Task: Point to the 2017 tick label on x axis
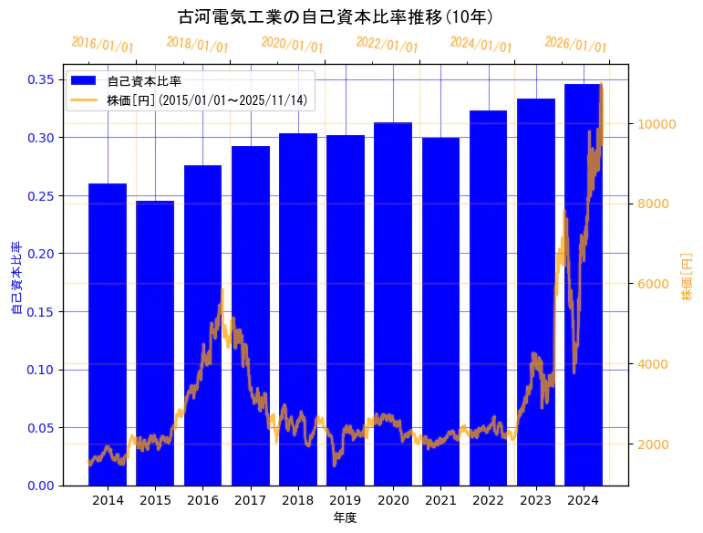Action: coord(250,499)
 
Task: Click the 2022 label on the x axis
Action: coord(488,499)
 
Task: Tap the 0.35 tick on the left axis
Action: coord(41,79)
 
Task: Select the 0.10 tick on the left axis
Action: coord(41,370)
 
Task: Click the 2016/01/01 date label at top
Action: coord(102,45)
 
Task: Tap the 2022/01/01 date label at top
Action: coord(387,45)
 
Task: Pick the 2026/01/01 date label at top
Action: coord(575,45)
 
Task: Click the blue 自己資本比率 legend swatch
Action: coord(84,81)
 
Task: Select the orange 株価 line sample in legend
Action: coord(84,99)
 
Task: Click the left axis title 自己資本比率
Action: coord(16,278)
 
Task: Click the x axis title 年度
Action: coord(345,517)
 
